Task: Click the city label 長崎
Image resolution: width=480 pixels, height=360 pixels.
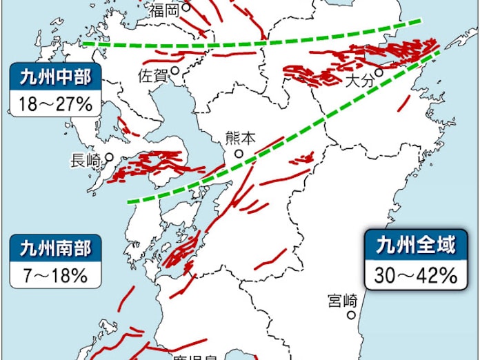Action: [x=86, y=161]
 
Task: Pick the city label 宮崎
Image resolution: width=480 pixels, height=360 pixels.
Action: [x=343, y=300]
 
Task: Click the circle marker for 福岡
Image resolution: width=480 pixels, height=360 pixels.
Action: [x=186, y=8]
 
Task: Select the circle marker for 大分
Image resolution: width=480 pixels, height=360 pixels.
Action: [x=379, y=71]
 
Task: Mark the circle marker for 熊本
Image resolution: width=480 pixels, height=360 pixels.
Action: [x=239, y=154]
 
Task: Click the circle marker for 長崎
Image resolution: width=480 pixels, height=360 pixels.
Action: [x=108, y=159]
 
